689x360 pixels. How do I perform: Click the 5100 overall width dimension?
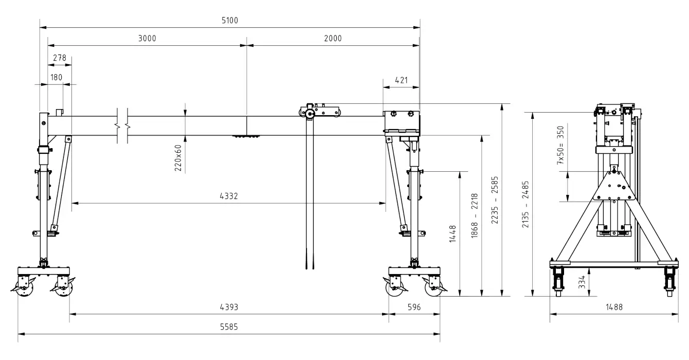(x=229, y=20)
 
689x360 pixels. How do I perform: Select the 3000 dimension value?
(x=147, y=39)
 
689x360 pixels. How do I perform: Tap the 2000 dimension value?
(x=333, y=39)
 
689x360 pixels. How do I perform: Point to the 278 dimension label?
(x=60, y=59)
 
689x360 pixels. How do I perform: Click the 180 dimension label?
(x=56, y=78)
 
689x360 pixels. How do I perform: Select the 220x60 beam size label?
(x=178, y=157)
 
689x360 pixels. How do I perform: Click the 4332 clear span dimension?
(x=228, y=196)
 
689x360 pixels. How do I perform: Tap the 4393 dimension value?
(x=228, y=307)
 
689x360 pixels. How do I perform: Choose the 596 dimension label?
(x=414, y=307)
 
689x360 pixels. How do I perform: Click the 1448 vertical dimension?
(x=452, y=233)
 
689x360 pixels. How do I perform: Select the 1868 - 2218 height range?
(x=475, y=215)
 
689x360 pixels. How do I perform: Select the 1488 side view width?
(x=614, y=307)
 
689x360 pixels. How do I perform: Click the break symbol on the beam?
(x=122, y=125)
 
